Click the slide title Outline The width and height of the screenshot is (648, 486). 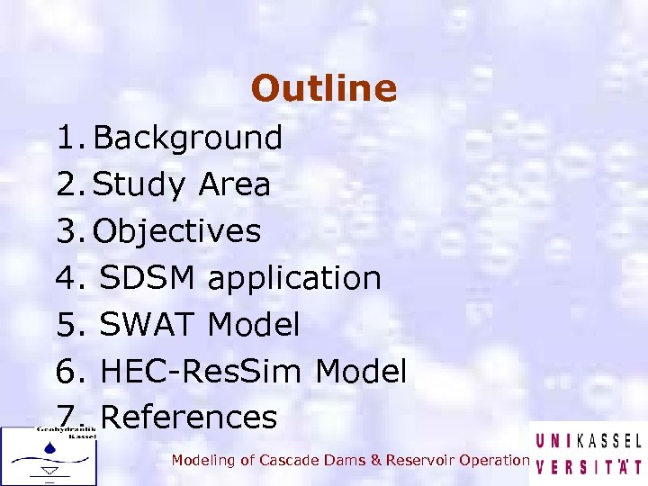324,88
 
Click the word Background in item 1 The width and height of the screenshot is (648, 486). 188,138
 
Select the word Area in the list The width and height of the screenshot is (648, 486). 234,184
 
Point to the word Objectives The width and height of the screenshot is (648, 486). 177,231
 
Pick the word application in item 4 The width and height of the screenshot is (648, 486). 294,278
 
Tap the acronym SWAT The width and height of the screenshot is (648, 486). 148,325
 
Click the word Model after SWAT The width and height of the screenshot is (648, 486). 254,325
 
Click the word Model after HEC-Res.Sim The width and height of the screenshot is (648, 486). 362,371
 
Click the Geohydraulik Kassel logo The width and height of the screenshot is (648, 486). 49,455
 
